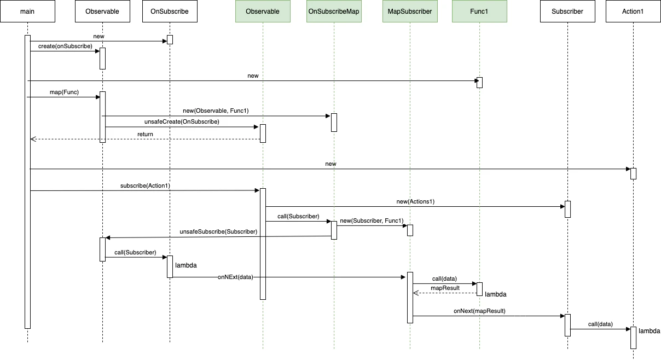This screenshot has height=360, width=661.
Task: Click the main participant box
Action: (x=27, y=11)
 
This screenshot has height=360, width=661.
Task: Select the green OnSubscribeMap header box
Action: (x=334, y=11)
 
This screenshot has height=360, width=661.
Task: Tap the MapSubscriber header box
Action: (x=410, y=11)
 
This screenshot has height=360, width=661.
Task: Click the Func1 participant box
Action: (x=479, y=11)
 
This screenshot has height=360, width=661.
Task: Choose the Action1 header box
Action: (x=633, y=11)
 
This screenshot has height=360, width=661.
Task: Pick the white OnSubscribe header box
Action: (x=170, y=11)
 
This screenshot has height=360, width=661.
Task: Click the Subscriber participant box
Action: (x=567, y=11)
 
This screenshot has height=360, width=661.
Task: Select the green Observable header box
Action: (x=263, y=11)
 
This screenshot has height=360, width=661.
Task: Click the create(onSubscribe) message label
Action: (x=65, y=47)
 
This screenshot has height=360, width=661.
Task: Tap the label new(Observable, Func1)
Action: (x=216, y=111)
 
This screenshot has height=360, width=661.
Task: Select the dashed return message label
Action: (x=145, y=134)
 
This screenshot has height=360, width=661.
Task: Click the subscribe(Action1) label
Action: (x=145, y=185)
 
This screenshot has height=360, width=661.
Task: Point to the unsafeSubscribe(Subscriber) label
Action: (x=218, y=232)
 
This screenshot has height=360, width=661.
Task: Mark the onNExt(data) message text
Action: (x=235, y=277)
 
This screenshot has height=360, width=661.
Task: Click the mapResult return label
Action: (x=445, y=288)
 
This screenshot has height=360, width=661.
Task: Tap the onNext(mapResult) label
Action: (x=479, y=311)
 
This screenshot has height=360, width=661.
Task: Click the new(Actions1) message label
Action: (x=415, y=202)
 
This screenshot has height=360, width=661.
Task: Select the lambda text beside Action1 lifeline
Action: (x=650, y=331)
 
